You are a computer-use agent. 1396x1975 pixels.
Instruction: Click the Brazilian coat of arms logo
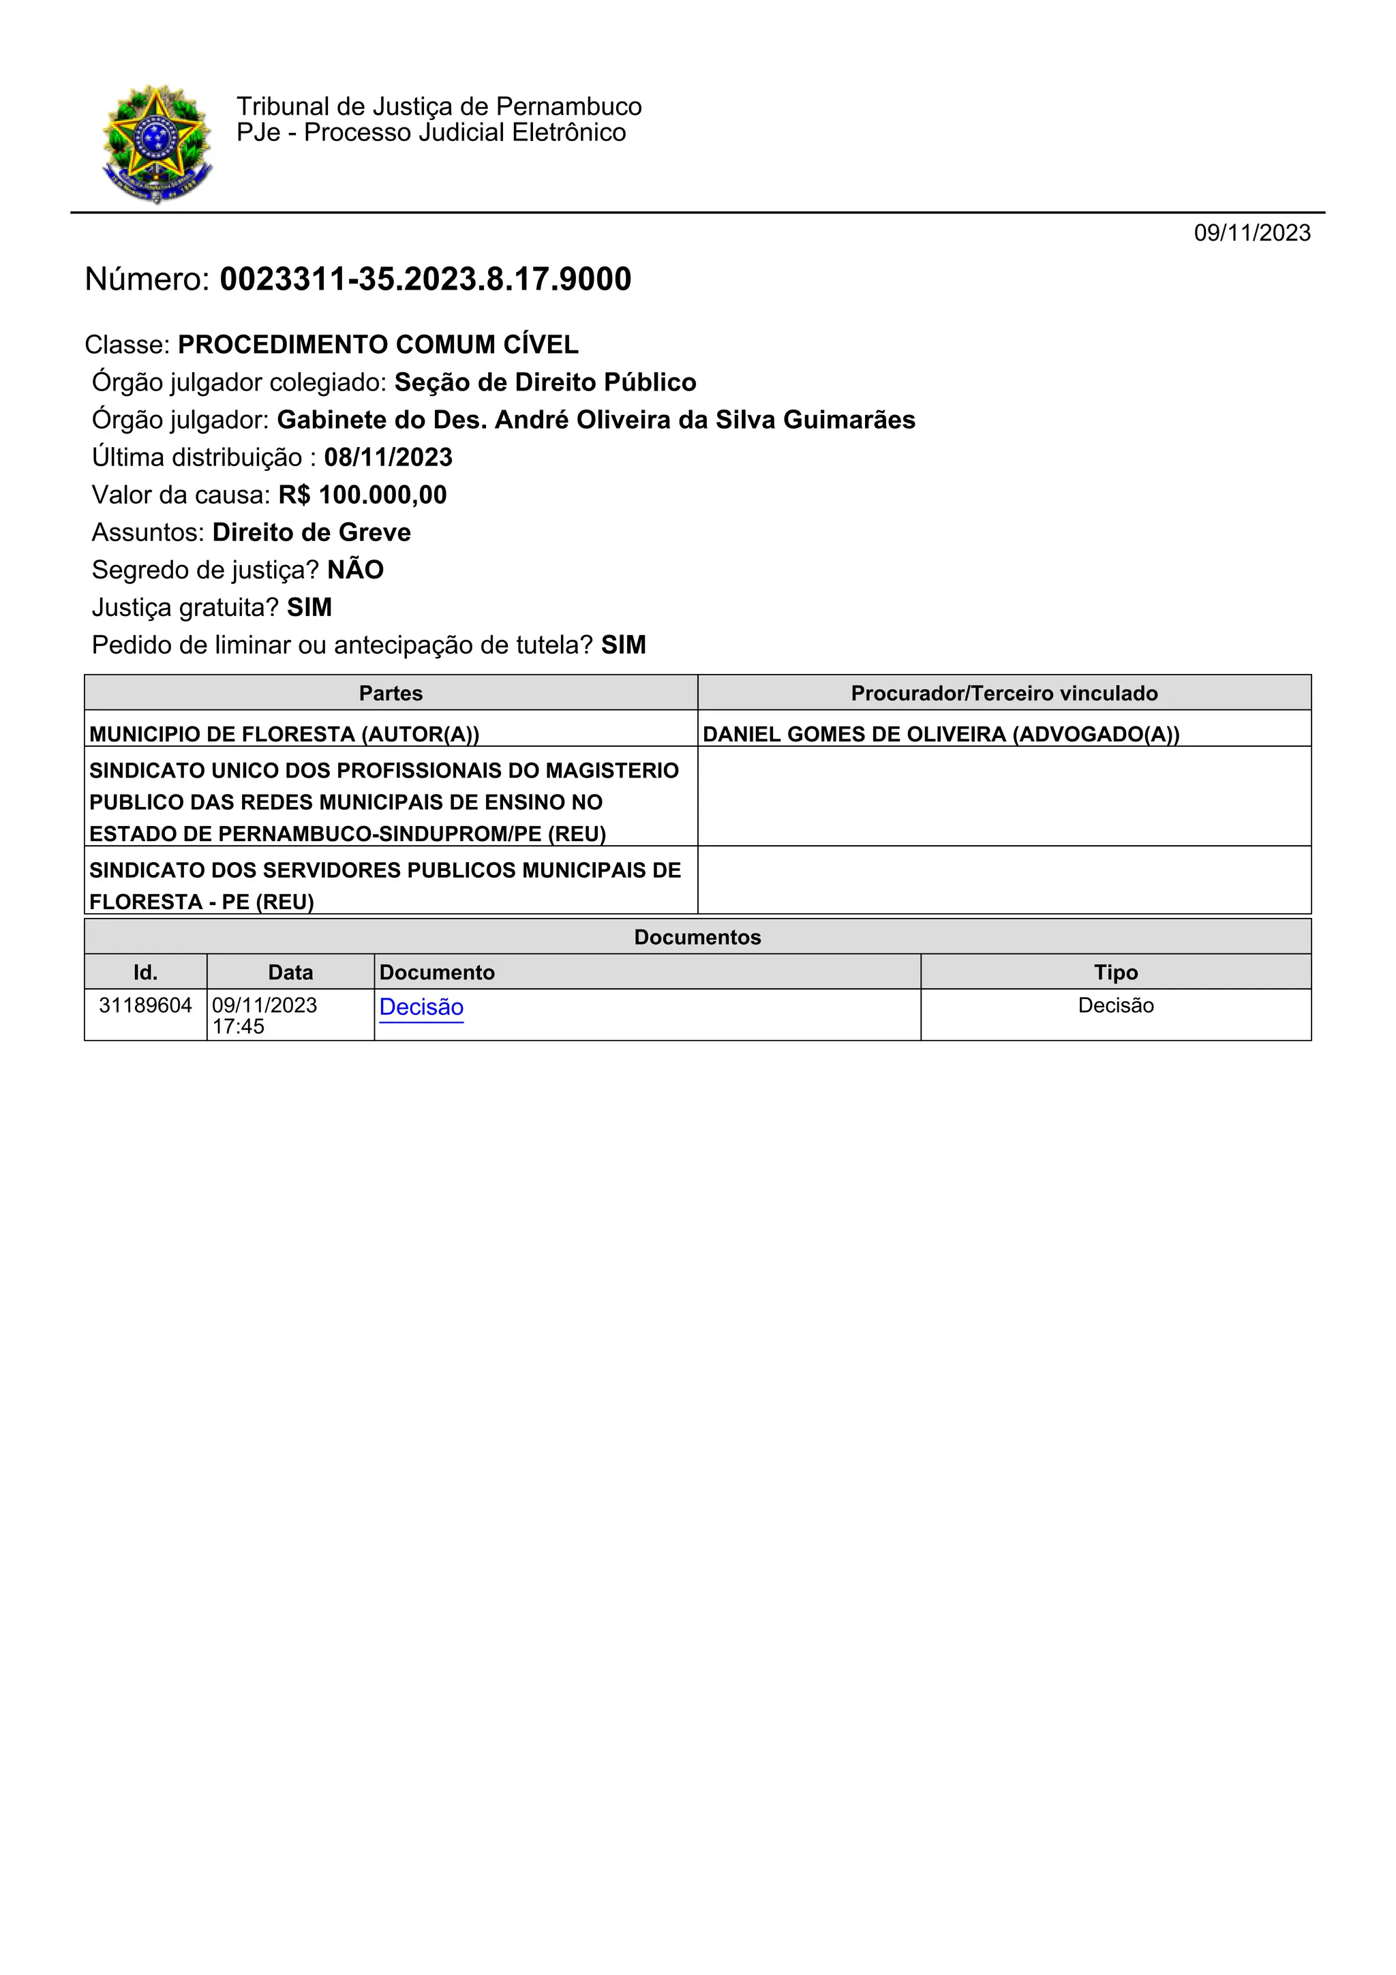[157, 144]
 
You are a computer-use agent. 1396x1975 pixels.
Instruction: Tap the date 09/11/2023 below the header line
[1251, 233]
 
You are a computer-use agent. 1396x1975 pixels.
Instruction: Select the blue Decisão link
[421, 1007]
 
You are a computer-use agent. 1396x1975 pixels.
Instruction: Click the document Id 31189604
[145, 1006]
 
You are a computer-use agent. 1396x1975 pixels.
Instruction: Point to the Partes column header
[391, 693]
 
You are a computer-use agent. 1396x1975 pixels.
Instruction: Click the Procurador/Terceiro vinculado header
[1004, 693]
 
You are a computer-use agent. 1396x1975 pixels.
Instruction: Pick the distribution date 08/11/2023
[388, 457]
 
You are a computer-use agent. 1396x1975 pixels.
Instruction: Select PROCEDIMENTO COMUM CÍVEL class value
[378, 345]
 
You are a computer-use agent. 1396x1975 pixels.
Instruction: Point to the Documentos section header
[697, 938]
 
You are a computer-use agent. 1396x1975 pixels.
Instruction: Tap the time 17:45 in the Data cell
[239, 1027]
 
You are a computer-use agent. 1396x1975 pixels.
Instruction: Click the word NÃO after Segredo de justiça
[355, 570]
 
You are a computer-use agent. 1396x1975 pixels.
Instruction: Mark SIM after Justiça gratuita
[309, 608]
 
